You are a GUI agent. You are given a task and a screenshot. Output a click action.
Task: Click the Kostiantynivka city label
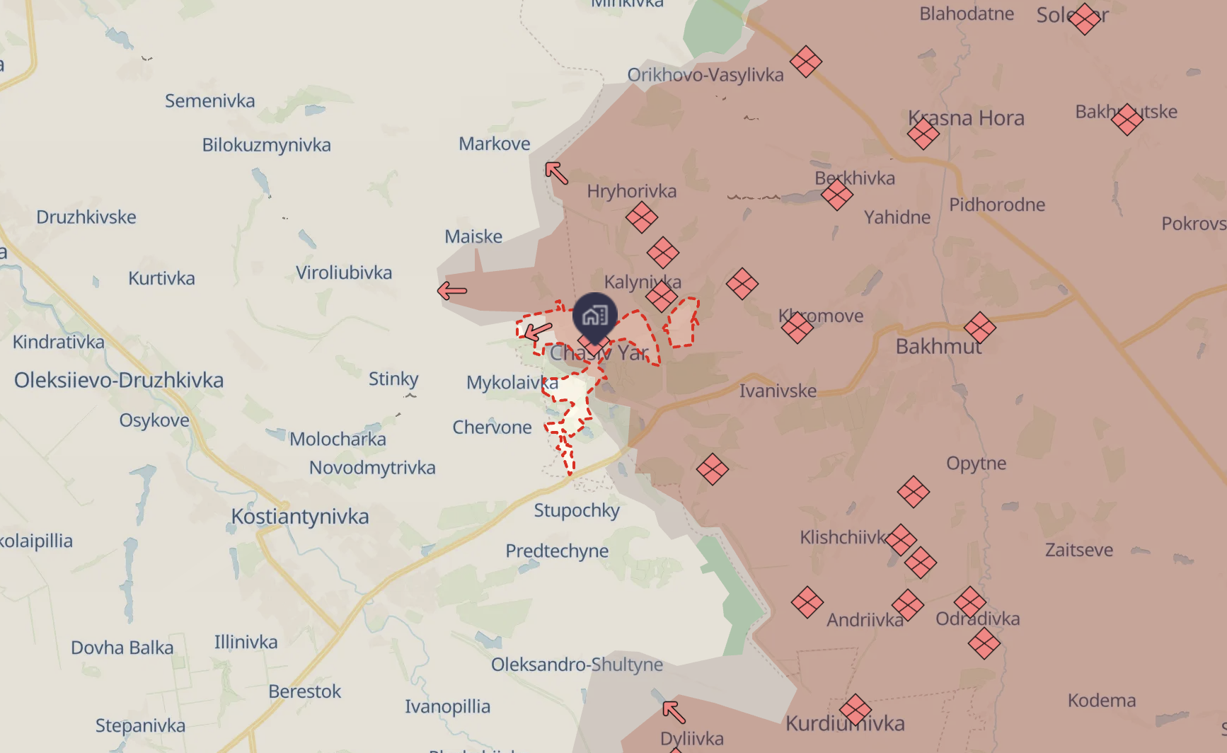point(300,517)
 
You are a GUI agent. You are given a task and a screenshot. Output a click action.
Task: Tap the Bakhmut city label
point(938,347)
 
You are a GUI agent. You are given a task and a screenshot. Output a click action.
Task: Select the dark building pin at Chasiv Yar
point(595,315)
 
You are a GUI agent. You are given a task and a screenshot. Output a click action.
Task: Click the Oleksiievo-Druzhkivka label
point(119,380)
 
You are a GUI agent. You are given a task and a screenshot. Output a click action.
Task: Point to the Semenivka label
point(210,101)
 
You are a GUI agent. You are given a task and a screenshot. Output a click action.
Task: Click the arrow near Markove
point(556,173)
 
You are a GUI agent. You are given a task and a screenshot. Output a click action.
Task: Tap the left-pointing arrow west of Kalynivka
point(452,290)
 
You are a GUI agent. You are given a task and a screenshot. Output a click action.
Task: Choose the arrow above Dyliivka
point(674,711)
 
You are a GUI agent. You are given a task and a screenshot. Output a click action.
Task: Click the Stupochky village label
point(577,510)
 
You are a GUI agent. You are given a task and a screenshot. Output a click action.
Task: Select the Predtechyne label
point(557,551)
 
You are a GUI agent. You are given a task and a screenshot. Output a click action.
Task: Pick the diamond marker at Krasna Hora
point(923,133)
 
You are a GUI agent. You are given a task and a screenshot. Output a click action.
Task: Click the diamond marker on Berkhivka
point(837,195)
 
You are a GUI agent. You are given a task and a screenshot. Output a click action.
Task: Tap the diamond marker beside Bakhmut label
point(980,328)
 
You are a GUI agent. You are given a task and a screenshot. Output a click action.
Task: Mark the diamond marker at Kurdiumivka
point(856,710)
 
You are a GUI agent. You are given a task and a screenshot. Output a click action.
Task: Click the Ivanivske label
point(778,391)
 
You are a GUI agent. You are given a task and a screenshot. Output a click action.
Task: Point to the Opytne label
point(977,464)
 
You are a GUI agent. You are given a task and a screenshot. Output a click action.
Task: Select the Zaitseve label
point(1079,550)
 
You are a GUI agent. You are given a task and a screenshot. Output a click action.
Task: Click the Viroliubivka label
point(344,272)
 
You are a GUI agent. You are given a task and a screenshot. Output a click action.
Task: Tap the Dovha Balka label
point(122,648)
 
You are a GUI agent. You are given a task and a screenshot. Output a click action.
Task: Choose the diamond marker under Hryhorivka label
point(642,217)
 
